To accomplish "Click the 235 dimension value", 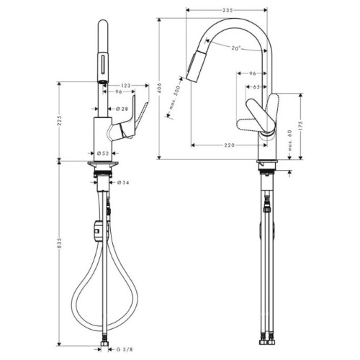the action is click(228, 10).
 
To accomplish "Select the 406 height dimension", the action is click(160, 88).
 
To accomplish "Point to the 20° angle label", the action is click(236, 48).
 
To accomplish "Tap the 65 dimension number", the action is click(256, 87).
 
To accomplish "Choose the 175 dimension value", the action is click(301, 126).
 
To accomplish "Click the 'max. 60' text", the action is click(290, 140).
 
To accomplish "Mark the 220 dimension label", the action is click(229, 145).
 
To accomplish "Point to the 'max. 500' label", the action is click(175, 98).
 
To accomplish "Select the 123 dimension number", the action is click(126, 86).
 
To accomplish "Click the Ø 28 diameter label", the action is click(122, 109).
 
